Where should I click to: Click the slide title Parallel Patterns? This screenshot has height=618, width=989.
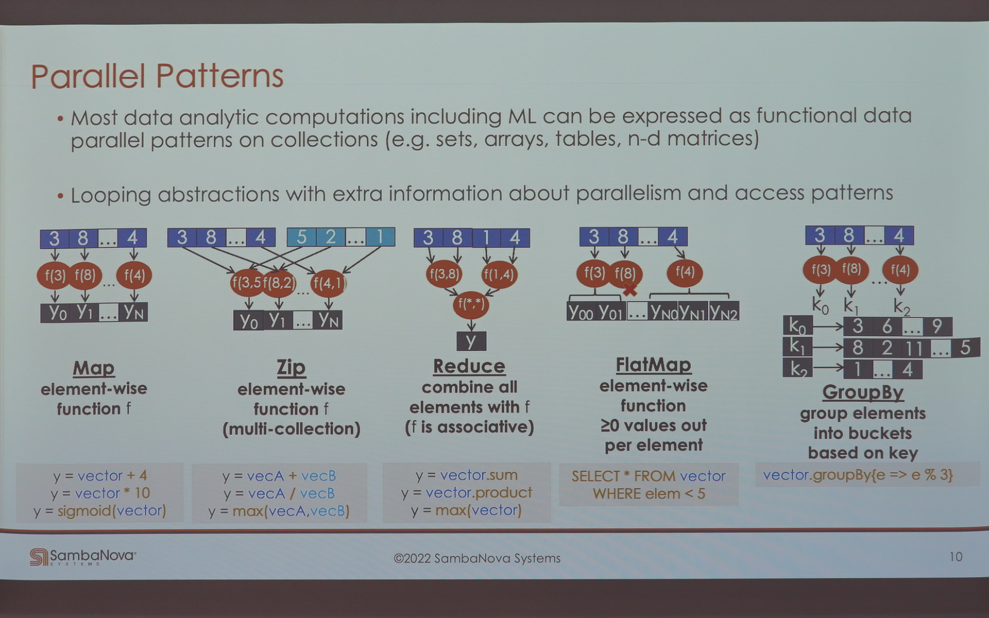point(157,76)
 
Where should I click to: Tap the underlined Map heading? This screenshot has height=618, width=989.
point(93,368)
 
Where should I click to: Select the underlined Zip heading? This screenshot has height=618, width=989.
point(291,368)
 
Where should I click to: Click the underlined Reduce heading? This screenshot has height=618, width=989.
point(469,366)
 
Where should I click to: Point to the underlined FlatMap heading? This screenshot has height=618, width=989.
point(653,365)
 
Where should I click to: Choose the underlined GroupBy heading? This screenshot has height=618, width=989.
point(863,392)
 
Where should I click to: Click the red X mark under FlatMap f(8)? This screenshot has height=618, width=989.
point(629,290)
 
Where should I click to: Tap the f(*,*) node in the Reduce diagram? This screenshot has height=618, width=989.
point(471,304)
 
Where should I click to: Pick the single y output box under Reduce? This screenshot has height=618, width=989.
point(471,341)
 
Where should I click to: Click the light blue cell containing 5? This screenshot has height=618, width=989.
point(301,237)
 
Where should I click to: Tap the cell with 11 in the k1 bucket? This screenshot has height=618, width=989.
point(914,348)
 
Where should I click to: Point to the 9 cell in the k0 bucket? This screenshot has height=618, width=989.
point(937,326)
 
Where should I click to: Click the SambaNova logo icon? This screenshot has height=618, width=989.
point(38,557)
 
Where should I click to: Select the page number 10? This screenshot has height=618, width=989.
point(956,557)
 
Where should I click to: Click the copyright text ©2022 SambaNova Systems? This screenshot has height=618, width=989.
point(476,558)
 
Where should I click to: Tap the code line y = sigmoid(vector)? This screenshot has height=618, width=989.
point(100,510)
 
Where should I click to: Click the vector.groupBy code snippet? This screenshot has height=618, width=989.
point(858,474)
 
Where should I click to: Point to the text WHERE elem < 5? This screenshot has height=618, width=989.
point(649,493)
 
